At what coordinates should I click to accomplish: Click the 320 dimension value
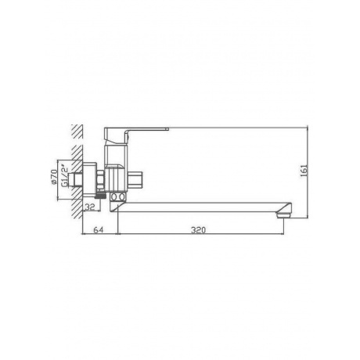[x=198, y=230]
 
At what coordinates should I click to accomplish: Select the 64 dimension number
[x=99, y=230]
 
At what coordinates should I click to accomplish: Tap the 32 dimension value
[x=90, y=207]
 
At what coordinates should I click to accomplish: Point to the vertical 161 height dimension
[x=304, y=171]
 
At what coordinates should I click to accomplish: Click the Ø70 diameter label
[x=54, y=178]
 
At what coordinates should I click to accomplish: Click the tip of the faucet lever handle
[x=168, y=128]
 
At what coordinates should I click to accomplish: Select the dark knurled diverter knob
[x=100, y=196]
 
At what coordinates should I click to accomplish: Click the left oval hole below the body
[x=114, y=197]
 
